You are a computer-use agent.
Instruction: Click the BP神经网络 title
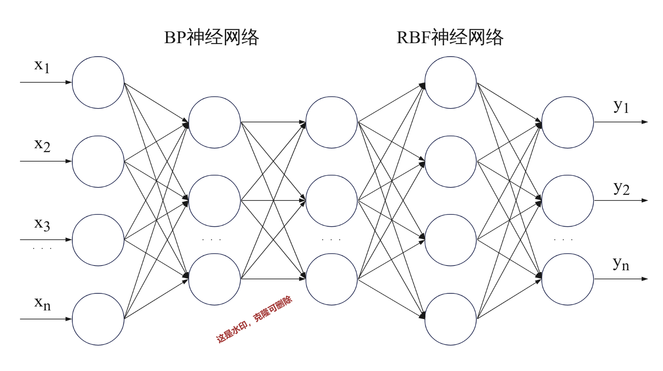point(211,37)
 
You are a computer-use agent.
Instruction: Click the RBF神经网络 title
point(450,37)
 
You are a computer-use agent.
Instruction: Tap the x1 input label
point(42,66)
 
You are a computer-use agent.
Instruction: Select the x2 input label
point(42,145)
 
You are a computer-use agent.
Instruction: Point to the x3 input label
point(42,224)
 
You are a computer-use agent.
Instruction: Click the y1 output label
point(621,106)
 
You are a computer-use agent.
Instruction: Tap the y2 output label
point(621,188)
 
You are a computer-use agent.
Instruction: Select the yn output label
point(621,263)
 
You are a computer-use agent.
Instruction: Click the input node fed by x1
point(98,82)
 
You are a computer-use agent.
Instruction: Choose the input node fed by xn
point(98,319)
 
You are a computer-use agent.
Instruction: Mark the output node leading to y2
point(567,201)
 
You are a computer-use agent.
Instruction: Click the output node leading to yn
point(567,279)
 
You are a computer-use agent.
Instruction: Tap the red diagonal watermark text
point(254,320)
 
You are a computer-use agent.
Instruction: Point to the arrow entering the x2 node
point(46,161)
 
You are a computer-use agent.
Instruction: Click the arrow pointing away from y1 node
point(621,122)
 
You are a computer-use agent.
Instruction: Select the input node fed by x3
point(98,240)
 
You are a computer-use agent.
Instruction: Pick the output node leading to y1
point(567,122)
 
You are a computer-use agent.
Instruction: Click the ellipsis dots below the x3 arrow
point(42,248)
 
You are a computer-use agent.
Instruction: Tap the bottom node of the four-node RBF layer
point(450,319)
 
